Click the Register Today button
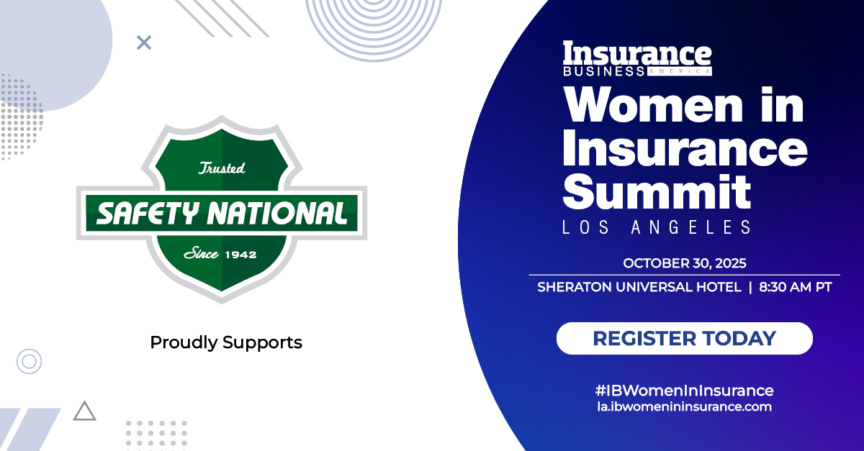tap(684, 338)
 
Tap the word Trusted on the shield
tap(222, 168)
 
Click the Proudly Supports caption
tap(226, 342)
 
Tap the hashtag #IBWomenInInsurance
tap(684, 391)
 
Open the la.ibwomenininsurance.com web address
tap(684, 407)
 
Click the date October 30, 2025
tap(684, 263)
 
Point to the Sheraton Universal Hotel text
tap(639, 287)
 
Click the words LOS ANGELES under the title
tap(657, 227)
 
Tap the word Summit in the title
tap(657, 191)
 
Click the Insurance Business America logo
tap(637, 58)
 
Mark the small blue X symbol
tap(144, 42)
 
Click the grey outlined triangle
tap(84, 411)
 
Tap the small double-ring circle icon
tap(29, 360)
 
